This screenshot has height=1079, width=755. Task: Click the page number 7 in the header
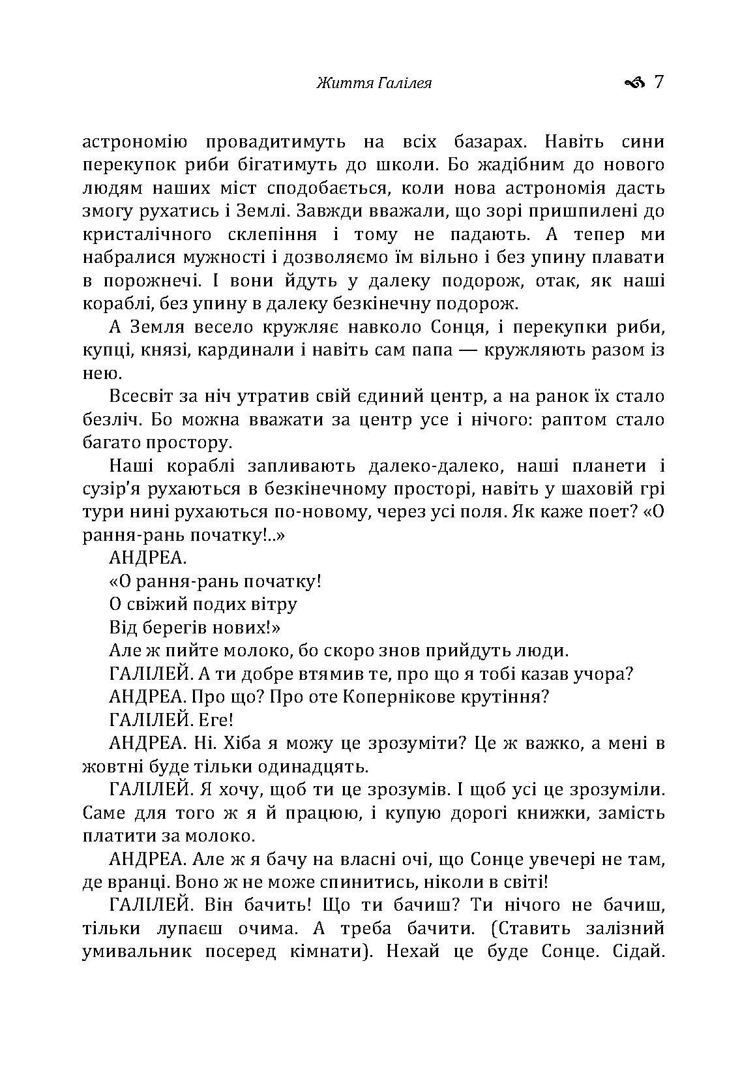click(x=658, y=82)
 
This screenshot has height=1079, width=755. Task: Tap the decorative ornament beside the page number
click(x=634, y=83)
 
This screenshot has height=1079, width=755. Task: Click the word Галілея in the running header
click(x=405, y=84)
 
